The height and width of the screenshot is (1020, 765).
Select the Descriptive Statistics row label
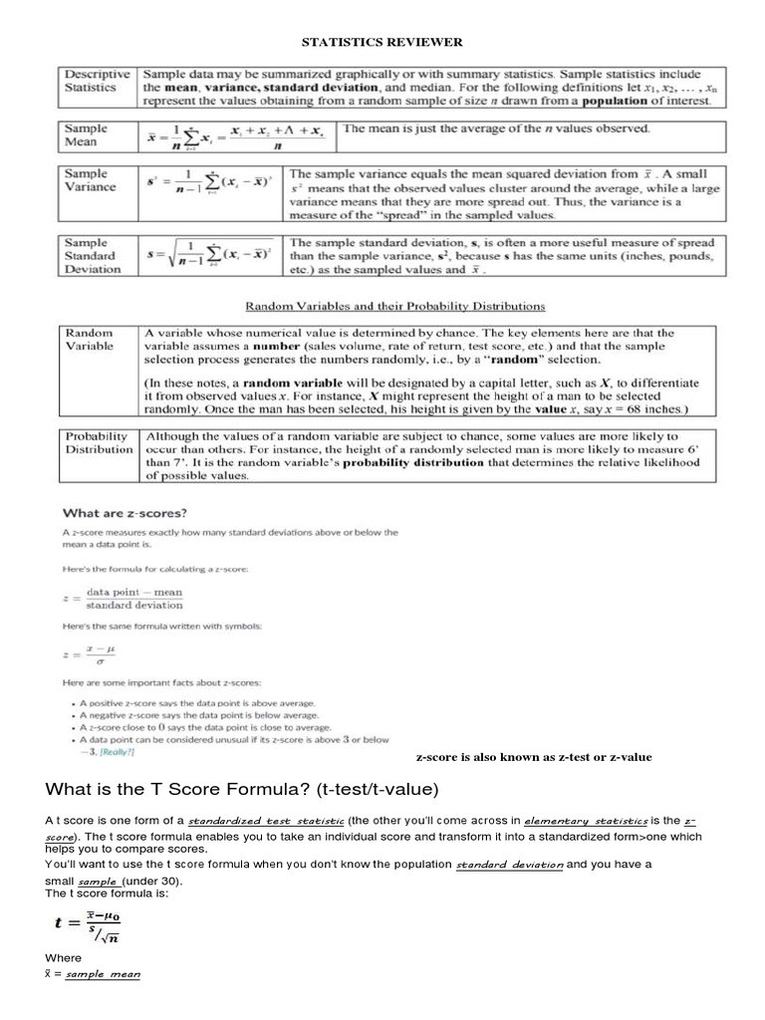pyautogui.click(x=97, y=81)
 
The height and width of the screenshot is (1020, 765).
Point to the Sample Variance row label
pyautogui.click(x=90, y=180)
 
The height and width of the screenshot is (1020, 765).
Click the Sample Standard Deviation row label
pyautogui.click(x=90, y=255)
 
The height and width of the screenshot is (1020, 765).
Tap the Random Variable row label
pyautogui.click(x=90, y=340)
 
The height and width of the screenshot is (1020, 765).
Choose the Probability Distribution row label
pyautogui.click(x=97, y=442)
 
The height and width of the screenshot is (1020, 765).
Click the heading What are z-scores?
pyautogui.click(x=125, y=513)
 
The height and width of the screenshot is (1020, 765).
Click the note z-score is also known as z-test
pyautogui.click(x=533, y=757)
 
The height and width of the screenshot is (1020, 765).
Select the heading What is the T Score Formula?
pyautogui.click(x=242, y=790)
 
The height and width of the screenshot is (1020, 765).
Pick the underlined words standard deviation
pyautogui.click(x=509, y=866)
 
